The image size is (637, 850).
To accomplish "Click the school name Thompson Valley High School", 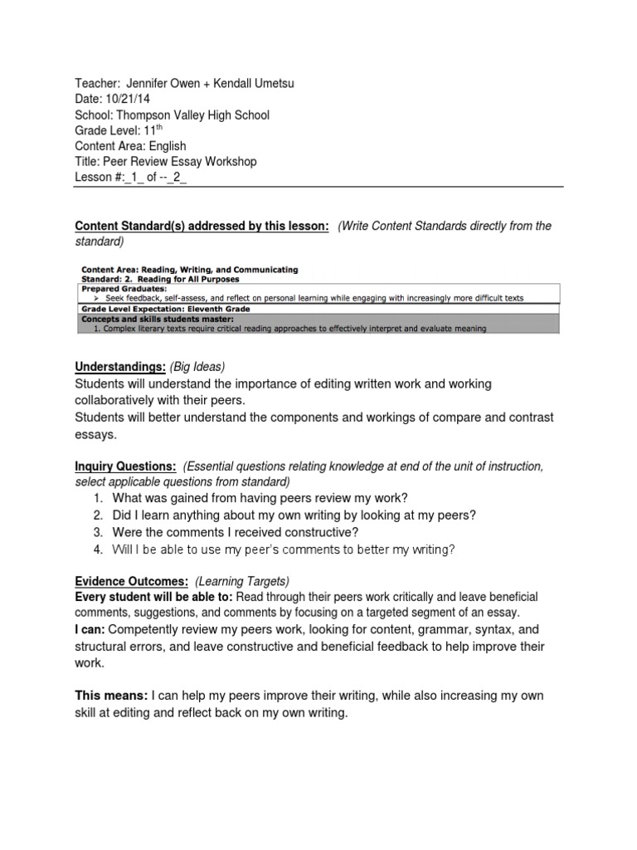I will pyautogui.click(x=192, y=115).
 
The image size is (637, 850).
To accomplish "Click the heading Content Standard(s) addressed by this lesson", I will pyautogui.click(x=202, y=226).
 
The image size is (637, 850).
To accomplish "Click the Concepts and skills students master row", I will pyautogui.click(x=157, y=318).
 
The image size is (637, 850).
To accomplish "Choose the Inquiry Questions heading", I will pyautogui.click(x=125, y=467).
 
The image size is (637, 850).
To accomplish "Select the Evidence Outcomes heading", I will pyautogui.click(x=132, y=581).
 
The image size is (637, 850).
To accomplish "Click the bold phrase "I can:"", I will pyautogui.click(x=90, y=630).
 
